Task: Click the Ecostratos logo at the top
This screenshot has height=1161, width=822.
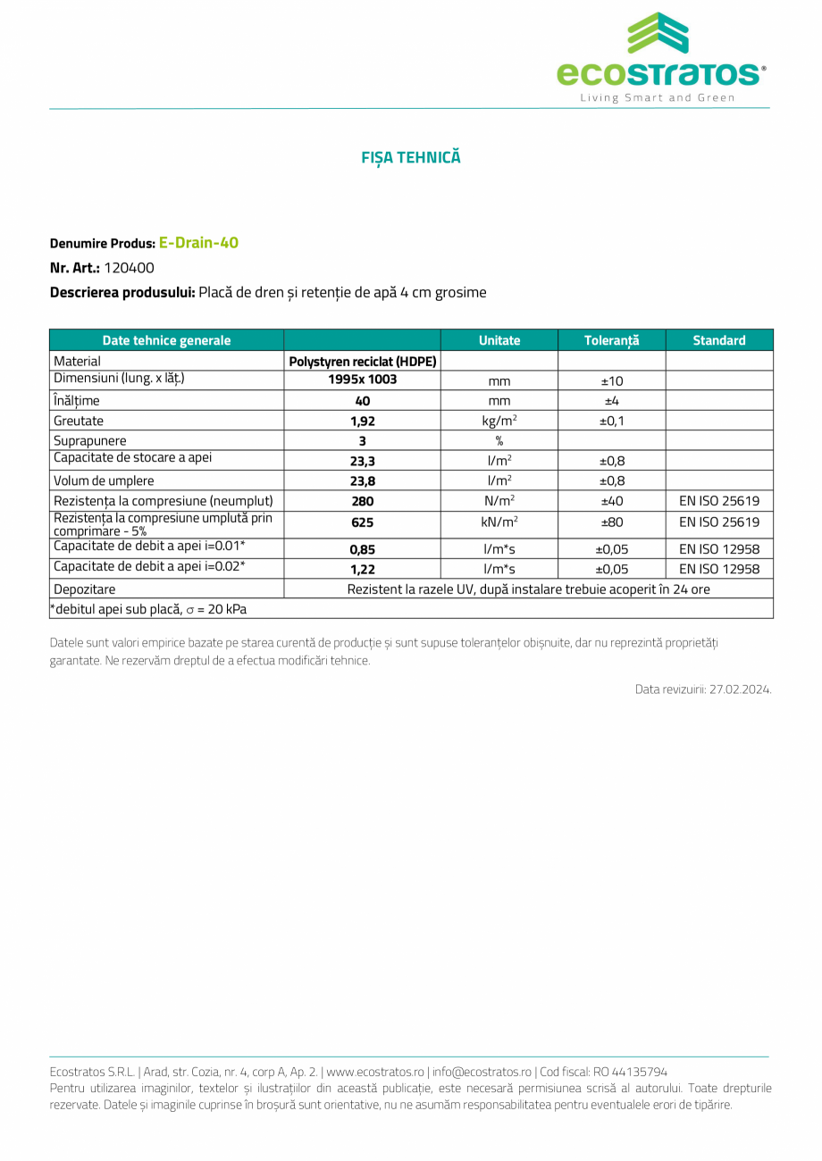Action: click(x=660, y=57)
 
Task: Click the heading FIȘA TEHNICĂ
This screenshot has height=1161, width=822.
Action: click(x=411, y=157)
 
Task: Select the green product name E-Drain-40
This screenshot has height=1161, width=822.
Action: click(x=198, y=242)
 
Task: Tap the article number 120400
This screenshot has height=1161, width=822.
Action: click(x=129, y=267)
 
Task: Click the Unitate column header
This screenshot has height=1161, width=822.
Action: click(x=499, y=340)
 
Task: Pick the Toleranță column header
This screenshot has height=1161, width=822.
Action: click(x=611, y=340)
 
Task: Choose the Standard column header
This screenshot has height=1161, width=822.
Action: click(x=718, y=340)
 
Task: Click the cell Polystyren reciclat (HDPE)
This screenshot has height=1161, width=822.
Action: click(x=362, y=362)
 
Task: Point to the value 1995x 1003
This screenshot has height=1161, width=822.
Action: click(x=362, y=380)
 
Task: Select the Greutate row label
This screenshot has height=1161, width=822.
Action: click(x=79, y=421)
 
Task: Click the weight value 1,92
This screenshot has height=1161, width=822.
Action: click(x=362, y=422)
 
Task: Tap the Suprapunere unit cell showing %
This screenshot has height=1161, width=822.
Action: click(x=499, y=441)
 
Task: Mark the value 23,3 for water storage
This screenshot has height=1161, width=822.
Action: click(x=362, y=462)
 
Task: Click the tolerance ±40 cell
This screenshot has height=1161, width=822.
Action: click(x=611, y=502)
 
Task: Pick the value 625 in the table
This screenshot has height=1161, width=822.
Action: click(x=362, y=523)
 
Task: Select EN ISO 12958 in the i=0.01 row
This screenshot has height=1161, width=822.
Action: click(x=718, y=549)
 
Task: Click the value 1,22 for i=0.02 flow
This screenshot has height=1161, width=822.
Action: click(x=362, y=570)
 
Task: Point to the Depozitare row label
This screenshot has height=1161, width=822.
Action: click(x=84, y=589)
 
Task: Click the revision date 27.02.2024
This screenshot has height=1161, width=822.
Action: click(x=741, y=689)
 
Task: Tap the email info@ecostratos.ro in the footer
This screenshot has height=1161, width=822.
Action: click(x=482, y=1072)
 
